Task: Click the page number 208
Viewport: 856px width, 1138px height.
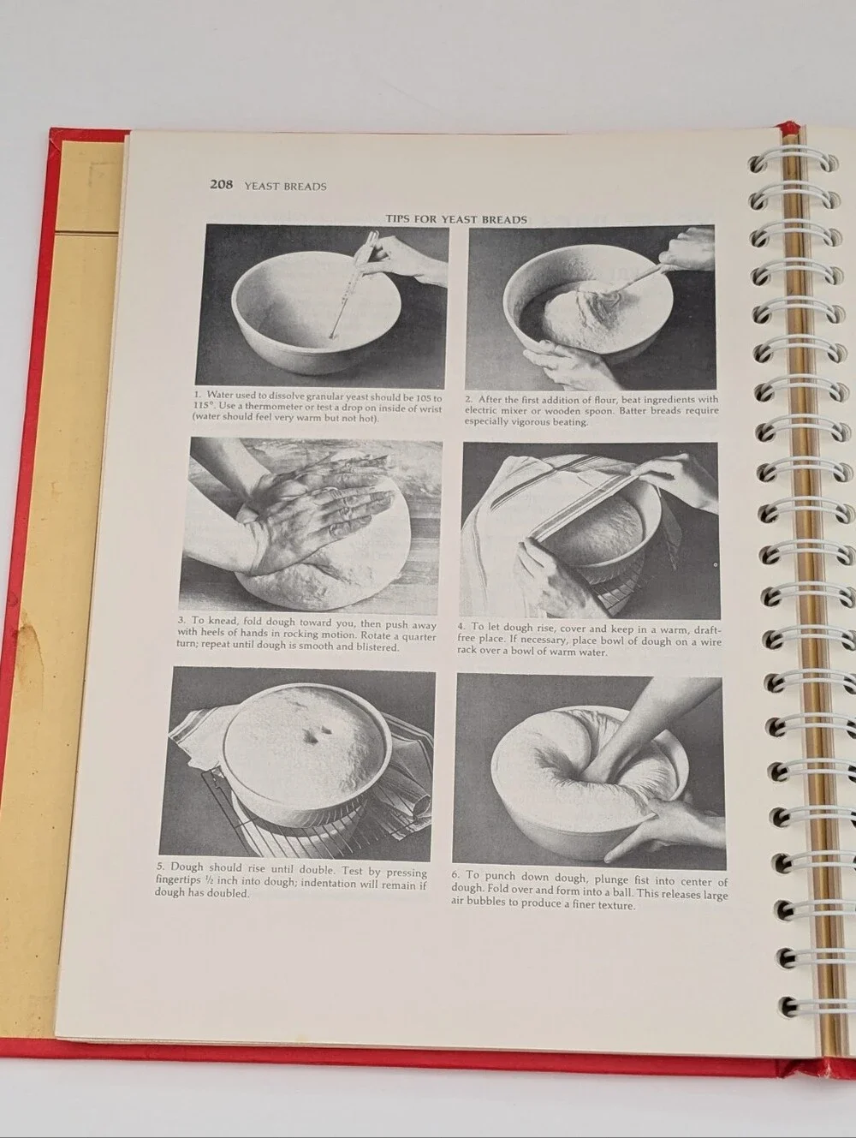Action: point(221,184)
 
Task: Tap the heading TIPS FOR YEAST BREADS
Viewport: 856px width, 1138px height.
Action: point(456,219)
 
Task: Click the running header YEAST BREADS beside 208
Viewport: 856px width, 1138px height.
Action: point(286,187)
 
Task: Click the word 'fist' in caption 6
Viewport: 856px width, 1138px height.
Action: point(641,879)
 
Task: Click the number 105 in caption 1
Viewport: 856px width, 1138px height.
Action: point(424,398)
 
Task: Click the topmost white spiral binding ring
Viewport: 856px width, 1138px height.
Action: point(793,161)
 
